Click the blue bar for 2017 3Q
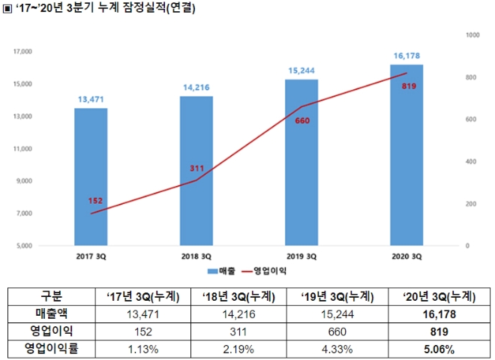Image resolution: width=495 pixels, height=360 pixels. pos(90,176)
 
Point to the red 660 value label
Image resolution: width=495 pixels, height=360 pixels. pos(302,121)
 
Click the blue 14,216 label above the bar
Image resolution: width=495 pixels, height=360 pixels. pos(197,87)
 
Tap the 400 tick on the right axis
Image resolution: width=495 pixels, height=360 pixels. pos(470,161)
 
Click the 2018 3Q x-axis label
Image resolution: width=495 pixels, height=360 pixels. pos(196,256)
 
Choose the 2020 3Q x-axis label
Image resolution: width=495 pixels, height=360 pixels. pos(407,256)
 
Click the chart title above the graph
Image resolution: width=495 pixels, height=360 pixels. pos(105,9)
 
